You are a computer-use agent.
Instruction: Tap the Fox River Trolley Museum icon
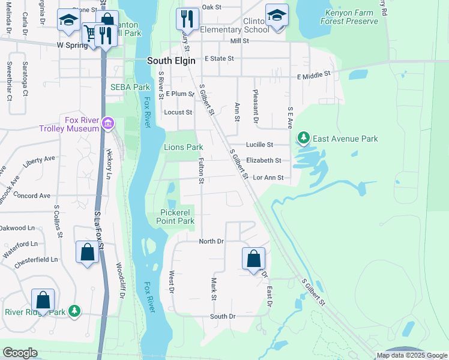pyautogui.click(x=108, y=124)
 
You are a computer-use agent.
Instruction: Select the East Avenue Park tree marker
pyautogui.click(x=304, y=139)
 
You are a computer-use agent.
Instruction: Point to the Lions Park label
pyautogui.click(x=183, y=147)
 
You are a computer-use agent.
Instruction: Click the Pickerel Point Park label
pyautogui.click(x=177, y=217)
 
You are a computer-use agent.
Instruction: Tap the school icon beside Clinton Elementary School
pyautogui.click(x=277, y=16)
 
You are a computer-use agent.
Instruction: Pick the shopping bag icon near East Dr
pyautogui.click(x=254, y=259)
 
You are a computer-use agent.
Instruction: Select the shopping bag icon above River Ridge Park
pyautogui.click(x=43, y=299)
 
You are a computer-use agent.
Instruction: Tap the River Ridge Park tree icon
pyautogui.click(x=74, y=311)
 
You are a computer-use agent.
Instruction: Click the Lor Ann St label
pyautogui.click(x=268, y=178)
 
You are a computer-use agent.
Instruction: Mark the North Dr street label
pyautogui.click(x=211, y=241)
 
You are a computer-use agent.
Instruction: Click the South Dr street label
pyautogui.click(x=223, y=316)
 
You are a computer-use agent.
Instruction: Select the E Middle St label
pyautogui.click(x=314, y=75)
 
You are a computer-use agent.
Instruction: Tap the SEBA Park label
pyautogui.click(x=130, y=87)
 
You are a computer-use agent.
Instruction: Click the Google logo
pyautogui.click(x=20, y=353)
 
